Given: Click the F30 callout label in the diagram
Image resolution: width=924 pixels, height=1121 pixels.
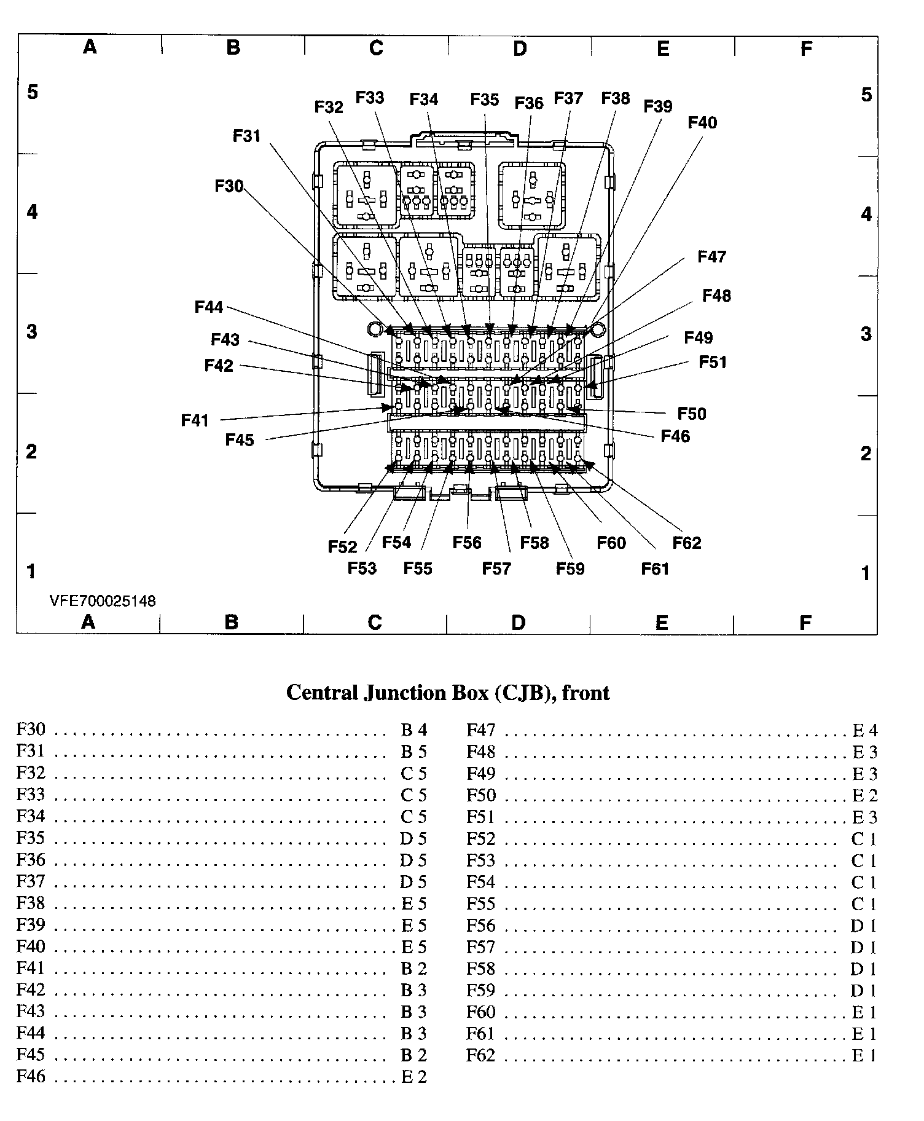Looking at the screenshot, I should (x=229, y=186).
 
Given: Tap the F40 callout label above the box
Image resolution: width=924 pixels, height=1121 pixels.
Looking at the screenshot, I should (x=702, y=122).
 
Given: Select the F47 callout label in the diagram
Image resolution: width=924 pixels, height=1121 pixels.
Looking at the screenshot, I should (x=711, y=256).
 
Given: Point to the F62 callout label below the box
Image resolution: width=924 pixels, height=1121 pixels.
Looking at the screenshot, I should (x=687, y=543).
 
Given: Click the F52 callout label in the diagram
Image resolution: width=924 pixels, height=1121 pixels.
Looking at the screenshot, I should (x=342, y=547).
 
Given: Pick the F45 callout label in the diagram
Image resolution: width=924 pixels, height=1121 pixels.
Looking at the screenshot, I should (x=240, y=440).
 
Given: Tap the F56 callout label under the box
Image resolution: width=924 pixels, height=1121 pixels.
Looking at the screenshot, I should (x=467, y=542).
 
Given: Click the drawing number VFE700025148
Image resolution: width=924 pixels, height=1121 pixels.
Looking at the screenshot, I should (x=103, y=600).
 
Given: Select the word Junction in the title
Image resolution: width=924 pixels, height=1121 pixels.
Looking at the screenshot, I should (x=403, y=693).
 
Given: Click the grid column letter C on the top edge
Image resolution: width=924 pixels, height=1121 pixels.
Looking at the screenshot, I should (x=376, y=48).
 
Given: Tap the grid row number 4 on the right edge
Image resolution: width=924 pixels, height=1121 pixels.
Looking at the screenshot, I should (x=866, y=214).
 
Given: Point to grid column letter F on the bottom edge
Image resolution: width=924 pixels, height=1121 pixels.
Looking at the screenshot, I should (x=805, y=623).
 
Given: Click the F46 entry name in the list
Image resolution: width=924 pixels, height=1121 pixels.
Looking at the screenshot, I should (x=31, y=1076).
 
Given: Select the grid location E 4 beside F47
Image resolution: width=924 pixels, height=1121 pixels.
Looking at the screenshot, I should (x=865, y=730).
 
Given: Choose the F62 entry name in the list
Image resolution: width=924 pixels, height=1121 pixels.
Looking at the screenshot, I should (x=480, y=1055).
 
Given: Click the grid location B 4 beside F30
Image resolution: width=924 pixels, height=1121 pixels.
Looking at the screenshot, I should (x=413, y=730).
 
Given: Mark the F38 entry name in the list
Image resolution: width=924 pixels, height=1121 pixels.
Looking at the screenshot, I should (x=31, y=903).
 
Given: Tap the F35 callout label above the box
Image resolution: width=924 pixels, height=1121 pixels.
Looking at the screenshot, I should (x=485, y=99).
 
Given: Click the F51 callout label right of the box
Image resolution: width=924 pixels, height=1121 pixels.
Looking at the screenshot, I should (x=713, y=362).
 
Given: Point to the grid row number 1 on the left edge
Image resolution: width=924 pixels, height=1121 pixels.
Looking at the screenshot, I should (x=31, y=572).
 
